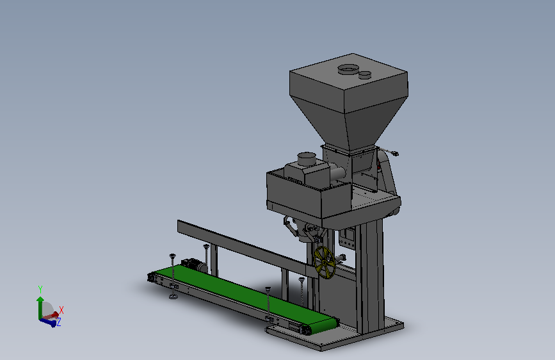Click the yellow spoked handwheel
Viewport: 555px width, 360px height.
[324, 263]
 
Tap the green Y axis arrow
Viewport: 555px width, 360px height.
[40, 307]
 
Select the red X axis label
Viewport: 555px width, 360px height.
[61, 310]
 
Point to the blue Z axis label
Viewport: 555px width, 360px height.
[59, 322]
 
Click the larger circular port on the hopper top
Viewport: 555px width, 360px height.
[348, 69]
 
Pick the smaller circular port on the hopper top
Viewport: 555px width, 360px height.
[365, 75]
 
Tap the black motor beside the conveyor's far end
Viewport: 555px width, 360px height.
[193, 265]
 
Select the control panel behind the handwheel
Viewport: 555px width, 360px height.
[347, 238]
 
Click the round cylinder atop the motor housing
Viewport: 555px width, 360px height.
[307, 158]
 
